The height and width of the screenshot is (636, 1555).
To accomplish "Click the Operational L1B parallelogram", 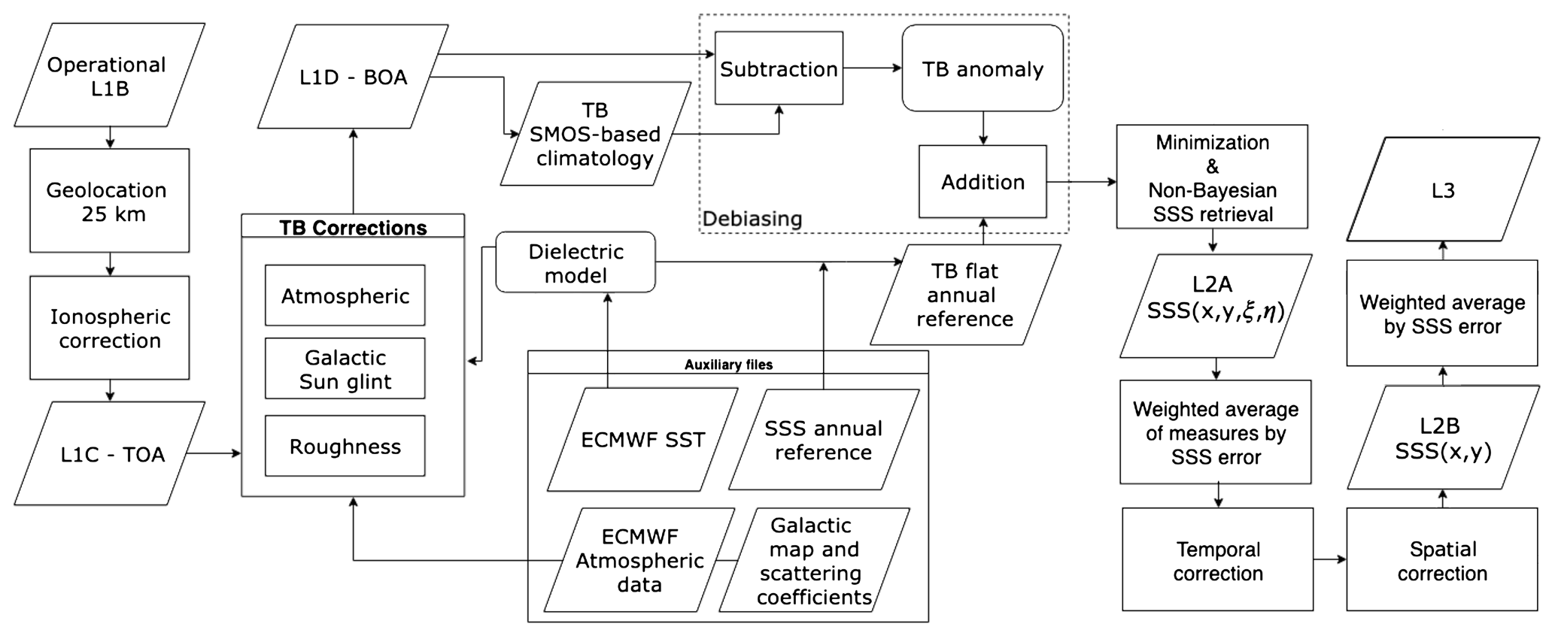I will (x=109, y=75).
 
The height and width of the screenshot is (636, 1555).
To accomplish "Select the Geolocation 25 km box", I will (x=109, y=201).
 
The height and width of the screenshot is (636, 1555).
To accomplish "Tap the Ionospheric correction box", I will (x=109, y=328).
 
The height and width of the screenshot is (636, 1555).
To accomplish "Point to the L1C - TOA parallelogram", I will (x=109, y=453).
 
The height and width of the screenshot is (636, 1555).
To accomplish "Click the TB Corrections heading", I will (x=353, y=227).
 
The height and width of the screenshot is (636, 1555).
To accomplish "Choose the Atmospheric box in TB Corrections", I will (x=345, y=295).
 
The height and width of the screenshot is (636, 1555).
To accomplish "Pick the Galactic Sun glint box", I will (x=345, y=368).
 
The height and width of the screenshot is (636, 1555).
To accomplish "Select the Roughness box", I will (x=345, y=446).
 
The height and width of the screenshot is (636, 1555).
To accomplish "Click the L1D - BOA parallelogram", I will (x=353, y=77).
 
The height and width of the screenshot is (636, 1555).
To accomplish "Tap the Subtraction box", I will (x=779, y=68).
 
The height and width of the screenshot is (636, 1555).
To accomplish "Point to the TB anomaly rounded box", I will (x=983, y=68).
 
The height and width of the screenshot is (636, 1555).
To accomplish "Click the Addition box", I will (x=983, y=181).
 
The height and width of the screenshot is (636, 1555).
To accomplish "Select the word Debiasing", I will (x=752, y=219).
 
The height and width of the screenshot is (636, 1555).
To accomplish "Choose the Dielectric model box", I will (x=576, y=262).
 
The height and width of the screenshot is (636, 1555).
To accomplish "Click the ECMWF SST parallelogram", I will (x=642, y=439).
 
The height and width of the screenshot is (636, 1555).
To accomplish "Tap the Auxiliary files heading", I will (x=728, y=364).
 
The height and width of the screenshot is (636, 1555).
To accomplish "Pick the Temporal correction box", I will (x=1217, y=560).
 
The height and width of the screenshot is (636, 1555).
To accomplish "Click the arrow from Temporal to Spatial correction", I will (x=1329, y=559).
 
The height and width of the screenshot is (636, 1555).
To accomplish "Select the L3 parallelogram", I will (x=1442, y=189).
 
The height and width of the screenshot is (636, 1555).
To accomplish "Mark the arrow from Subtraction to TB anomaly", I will (x=872, y=68).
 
